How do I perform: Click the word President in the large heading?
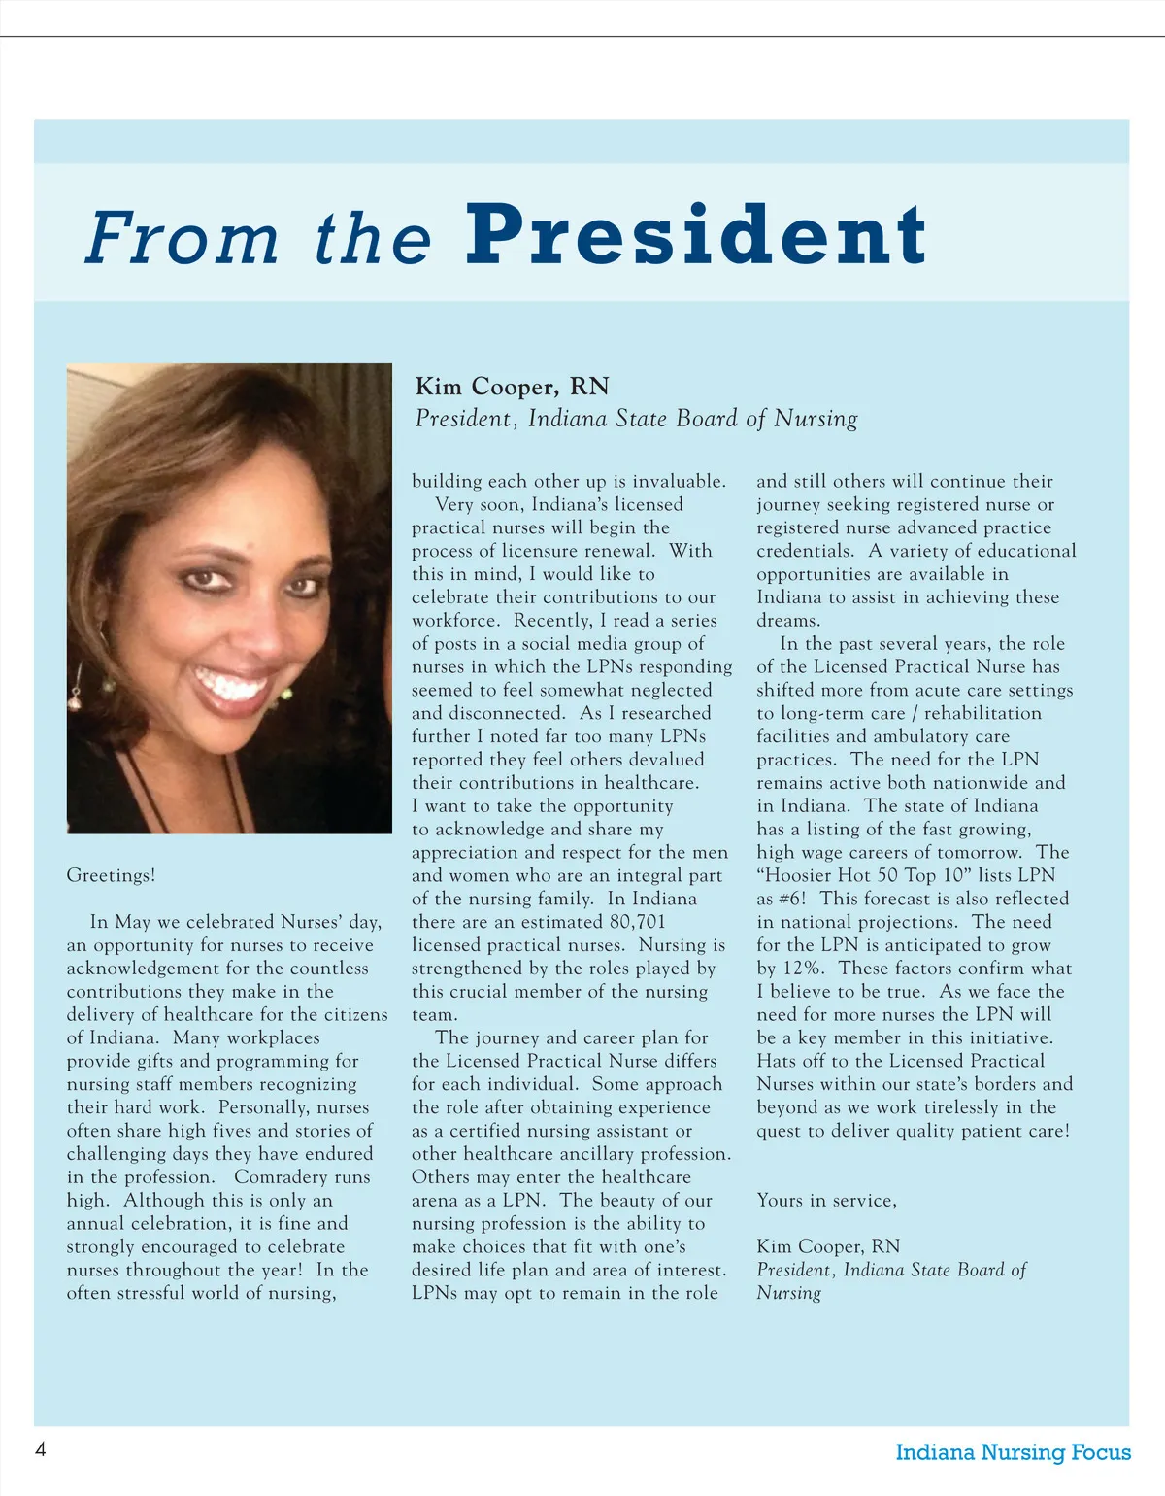(696, 235)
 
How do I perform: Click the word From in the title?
(182, 238)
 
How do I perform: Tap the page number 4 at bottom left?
(41, 1449)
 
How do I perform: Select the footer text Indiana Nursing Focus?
(1013, 1452)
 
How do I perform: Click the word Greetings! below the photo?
(111, 875)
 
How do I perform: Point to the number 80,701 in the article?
(637, 922)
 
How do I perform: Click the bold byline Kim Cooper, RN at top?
(512, 387)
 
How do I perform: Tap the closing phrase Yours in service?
(826, 1201)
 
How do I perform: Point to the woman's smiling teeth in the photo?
(230, 686)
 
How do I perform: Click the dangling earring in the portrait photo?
(75, 685)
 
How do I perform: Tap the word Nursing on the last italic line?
(788, 1293)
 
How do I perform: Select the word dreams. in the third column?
(788, 621)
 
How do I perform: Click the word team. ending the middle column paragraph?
(434, 1015)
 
